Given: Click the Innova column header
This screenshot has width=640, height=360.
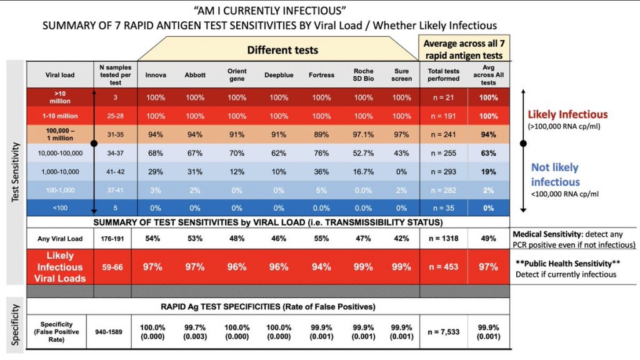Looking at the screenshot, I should coord(156,75).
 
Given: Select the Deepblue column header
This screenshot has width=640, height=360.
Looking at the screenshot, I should coord(278,75).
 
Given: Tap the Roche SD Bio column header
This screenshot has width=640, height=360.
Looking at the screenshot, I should coord(363,75).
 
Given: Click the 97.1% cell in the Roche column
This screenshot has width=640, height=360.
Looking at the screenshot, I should coord(363,134).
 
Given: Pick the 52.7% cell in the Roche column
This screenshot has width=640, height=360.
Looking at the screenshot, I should coord(363,152).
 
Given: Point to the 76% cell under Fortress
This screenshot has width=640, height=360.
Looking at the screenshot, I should coord(321,152).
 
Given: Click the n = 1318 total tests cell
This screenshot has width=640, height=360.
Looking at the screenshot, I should coord(443,238).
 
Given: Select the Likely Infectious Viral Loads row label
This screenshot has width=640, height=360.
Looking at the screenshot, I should coord(60,267).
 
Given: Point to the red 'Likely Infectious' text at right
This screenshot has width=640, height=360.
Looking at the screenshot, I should coord(568,115).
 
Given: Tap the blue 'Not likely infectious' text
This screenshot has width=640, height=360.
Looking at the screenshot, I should coord(555,174).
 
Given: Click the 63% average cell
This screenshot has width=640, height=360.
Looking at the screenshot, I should coord(489,152).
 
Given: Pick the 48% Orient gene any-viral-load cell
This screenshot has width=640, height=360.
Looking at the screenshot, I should coord(237,238).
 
